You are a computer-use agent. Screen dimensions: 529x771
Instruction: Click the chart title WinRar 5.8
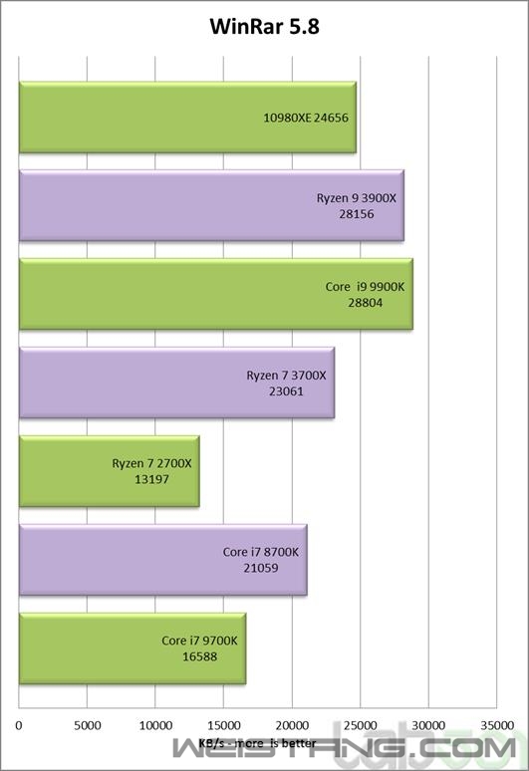265,27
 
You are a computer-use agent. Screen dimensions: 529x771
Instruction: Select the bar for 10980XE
187,117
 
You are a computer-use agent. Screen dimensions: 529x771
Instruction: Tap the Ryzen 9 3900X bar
211,205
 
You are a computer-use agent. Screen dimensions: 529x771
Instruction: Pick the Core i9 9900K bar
216,294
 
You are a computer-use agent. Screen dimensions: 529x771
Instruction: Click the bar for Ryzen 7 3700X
176,383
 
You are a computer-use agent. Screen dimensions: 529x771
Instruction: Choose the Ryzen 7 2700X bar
110,471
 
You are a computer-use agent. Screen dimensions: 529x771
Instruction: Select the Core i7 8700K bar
162,560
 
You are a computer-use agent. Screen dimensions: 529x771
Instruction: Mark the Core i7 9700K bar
132,648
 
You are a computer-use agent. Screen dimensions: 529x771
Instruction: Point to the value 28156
357,214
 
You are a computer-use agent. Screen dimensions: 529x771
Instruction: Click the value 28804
366,303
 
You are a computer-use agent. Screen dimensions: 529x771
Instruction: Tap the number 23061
286,390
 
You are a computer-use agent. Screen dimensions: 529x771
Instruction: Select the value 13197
151,479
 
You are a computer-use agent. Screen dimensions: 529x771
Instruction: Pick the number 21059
261,568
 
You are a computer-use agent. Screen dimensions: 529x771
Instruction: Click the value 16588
199,655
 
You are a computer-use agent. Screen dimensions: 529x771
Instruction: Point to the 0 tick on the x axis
19,725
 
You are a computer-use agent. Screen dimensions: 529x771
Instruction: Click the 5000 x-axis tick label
87,725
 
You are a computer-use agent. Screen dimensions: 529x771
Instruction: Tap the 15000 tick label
224,725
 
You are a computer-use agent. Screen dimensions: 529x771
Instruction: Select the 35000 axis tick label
496,725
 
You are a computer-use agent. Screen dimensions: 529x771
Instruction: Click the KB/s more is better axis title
257,743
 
